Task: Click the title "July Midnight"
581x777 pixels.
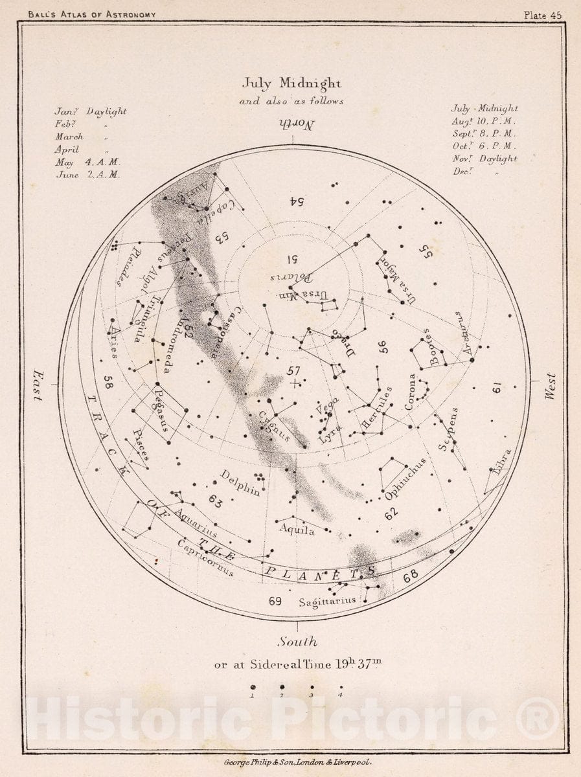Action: [291, 84]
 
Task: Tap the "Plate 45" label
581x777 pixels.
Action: [543, 16]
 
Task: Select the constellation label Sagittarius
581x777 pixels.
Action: [327, 602]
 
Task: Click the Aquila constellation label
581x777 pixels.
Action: [297, 530]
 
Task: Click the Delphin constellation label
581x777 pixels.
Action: [240, 482]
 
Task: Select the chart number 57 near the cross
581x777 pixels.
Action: [293, 370]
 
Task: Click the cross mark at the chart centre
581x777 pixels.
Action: [295, 384]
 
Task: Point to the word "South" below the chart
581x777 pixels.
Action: [298, 642]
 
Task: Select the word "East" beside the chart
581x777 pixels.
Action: [38, 387]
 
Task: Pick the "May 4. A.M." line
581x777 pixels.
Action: [87, 162]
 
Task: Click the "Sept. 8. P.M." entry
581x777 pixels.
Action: [484, 133]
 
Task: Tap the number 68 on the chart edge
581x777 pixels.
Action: [411, 576]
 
